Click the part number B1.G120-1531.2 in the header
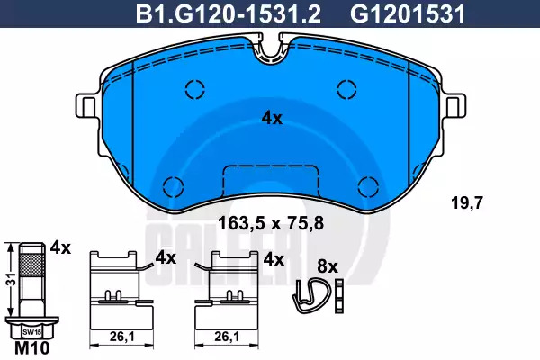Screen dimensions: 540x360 pyautogui.click(x=229, y=14)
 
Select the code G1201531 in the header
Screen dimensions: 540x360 pyautogui.click(x=408, y=14)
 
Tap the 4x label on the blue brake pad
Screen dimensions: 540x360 pyautogui.click(x=272, y=119)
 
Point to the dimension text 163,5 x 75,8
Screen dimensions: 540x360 pyautogui.click(x=272, y=223)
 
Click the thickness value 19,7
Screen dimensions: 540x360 pyautogui.click(x=467, y=202)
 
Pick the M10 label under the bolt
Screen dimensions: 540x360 pyautogui.click(x=32, y=348)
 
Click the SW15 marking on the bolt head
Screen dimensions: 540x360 pyautogui.click(x=31, y=332)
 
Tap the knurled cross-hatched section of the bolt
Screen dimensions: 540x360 pyautogui.click(x=32, y=265)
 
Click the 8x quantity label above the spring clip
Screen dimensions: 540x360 pyautogui.click(x=328, y=266)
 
